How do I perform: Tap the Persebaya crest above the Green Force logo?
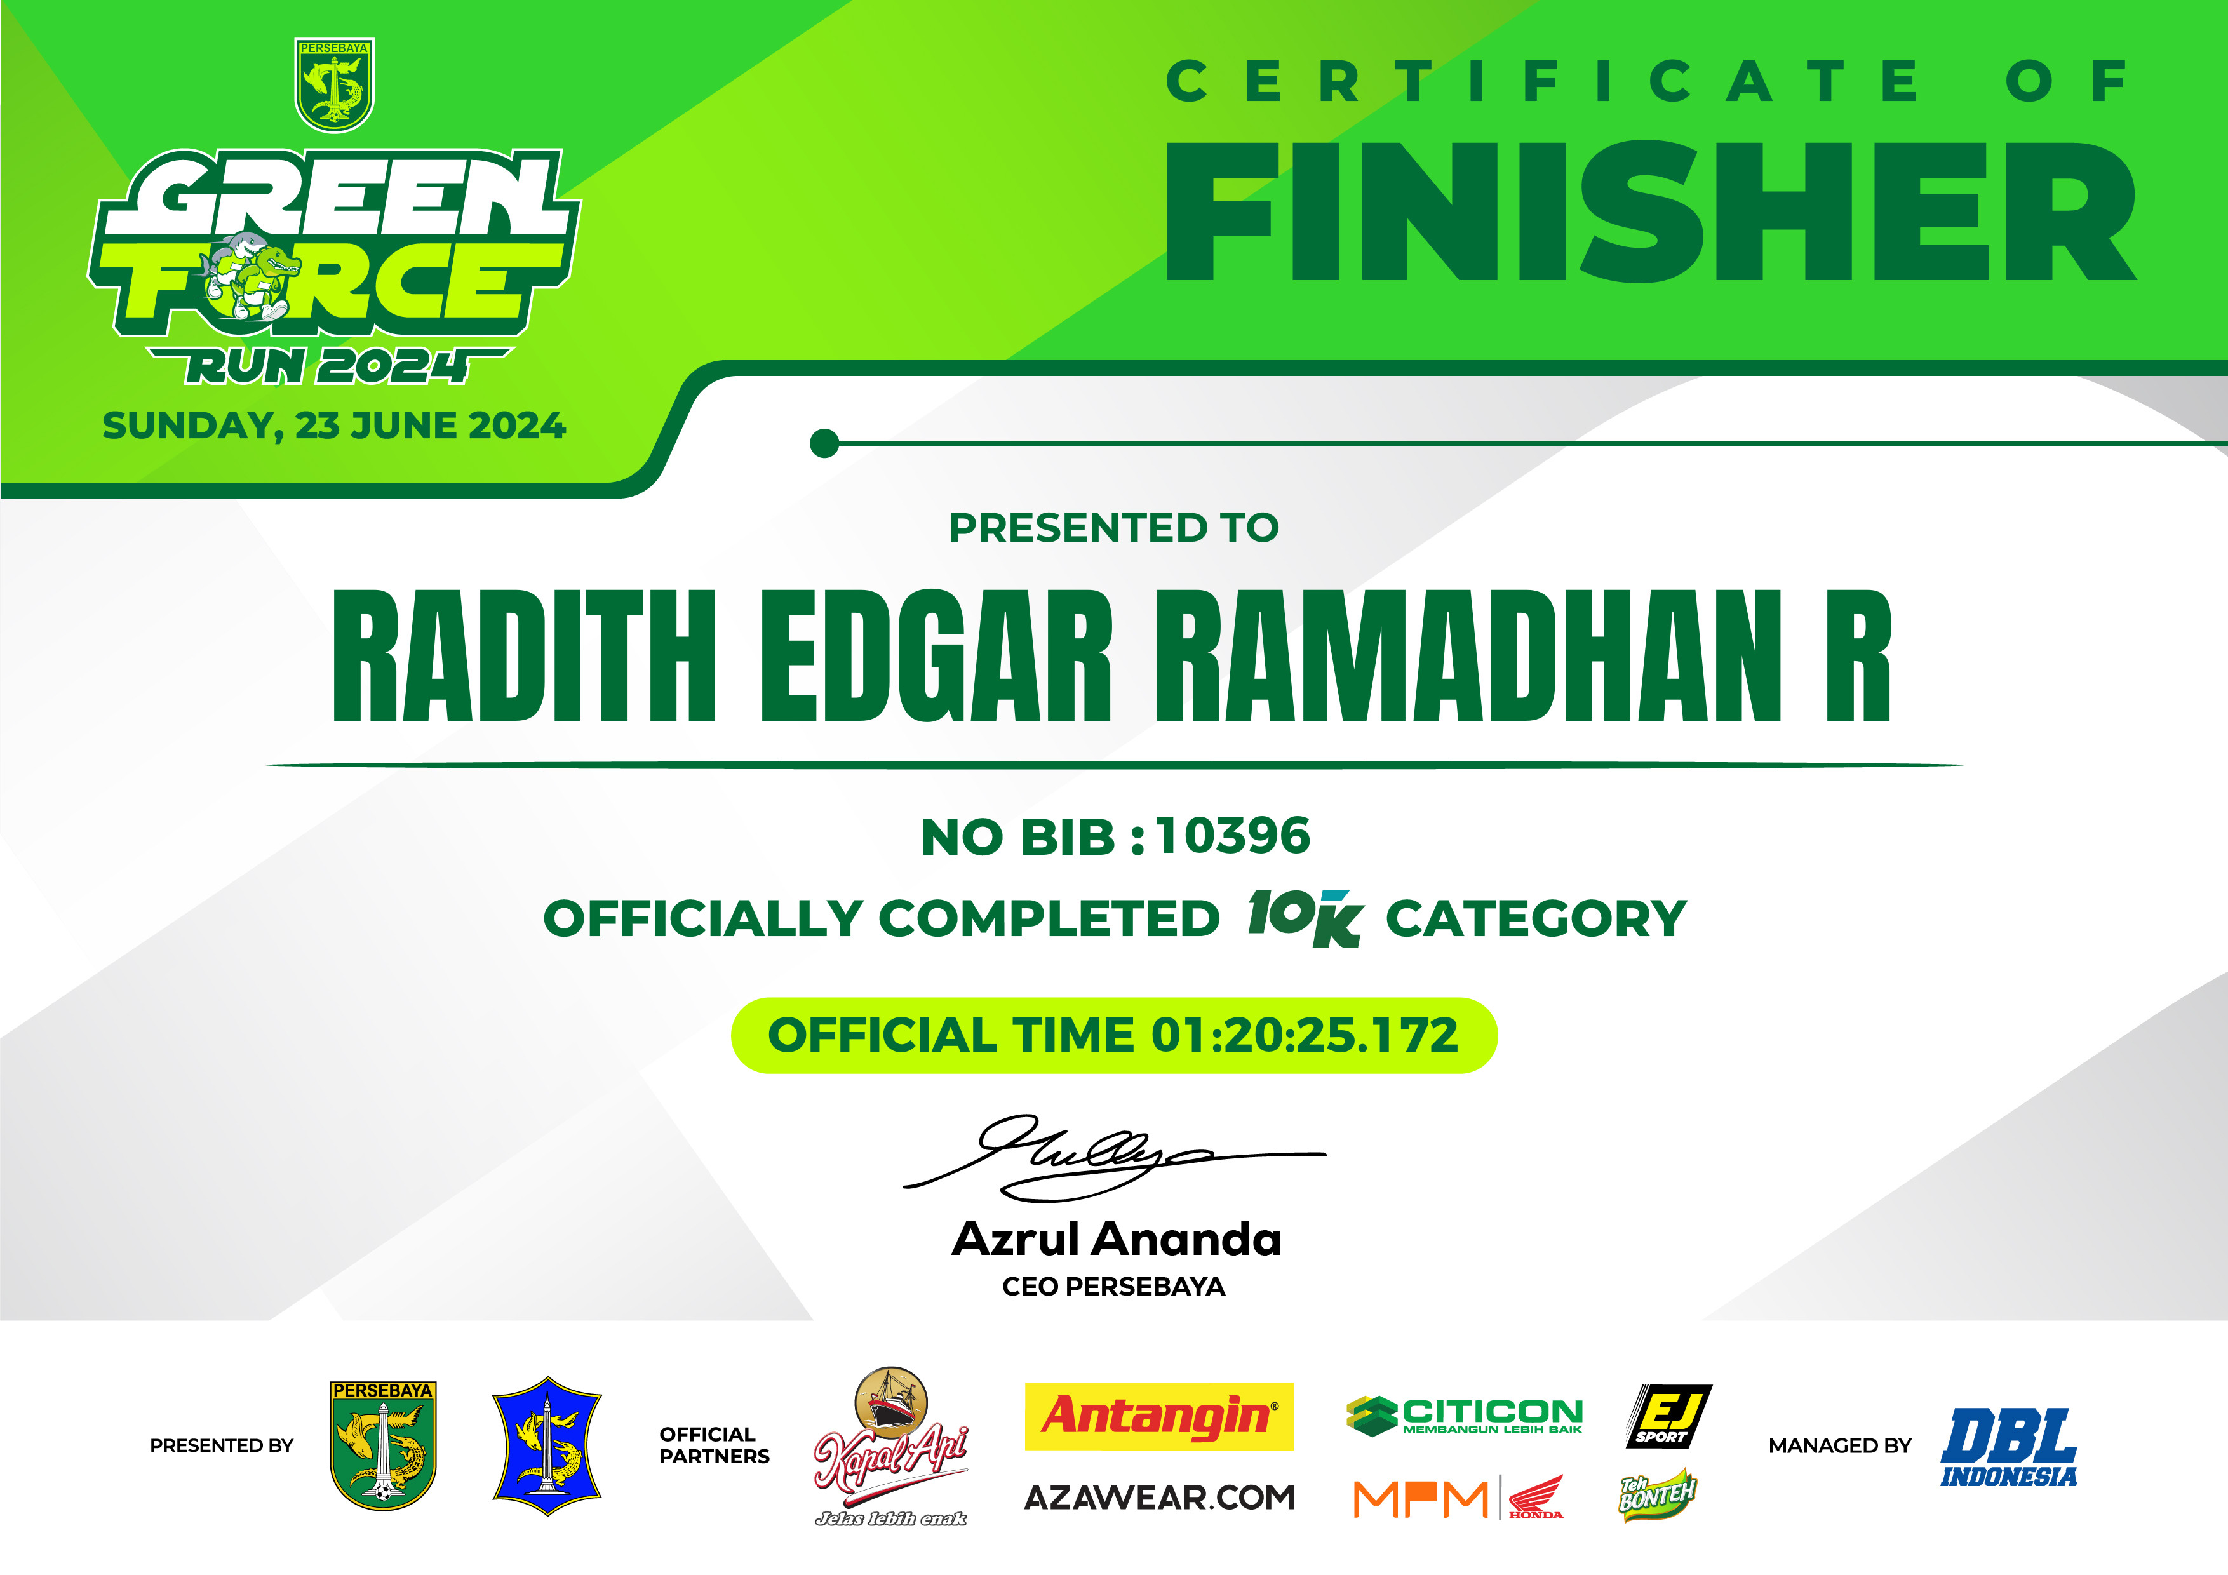coord(334,85)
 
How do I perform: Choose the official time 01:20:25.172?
coord(1305,1035)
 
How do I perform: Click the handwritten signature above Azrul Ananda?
coord(1114,1156)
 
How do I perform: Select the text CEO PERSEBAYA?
coord(1114,1287)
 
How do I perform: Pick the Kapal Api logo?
coord(891,1446)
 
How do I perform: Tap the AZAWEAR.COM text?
coord(1160,1498)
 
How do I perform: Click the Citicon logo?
coord(1465,1416)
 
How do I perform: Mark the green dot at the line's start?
coord(824,443)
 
